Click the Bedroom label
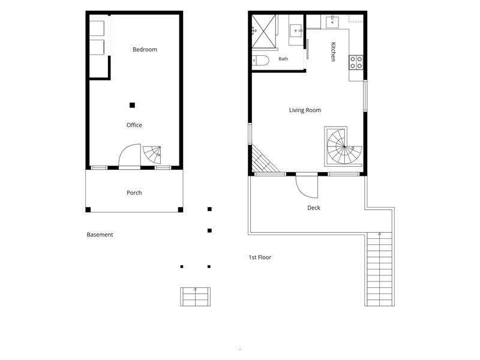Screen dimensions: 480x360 click(145, 50)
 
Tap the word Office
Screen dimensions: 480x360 click(134, 125)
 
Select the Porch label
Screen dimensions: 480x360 click(134, 193)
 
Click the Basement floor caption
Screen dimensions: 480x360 click(100, 235)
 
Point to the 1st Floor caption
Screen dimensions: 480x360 click(260, 257)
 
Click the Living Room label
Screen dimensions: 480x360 click(305, 110)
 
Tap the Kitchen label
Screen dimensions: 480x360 click(333, 52)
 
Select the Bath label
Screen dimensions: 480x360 click(283, 59)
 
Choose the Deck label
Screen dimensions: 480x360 click(313, 208)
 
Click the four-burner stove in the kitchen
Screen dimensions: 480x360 click(356, 62)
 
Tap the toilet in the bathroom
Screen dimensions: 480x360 click(260, 61)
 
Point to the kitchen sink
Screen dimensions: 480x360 click(332, 22)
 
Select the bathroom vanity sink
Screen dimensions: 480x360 click(296, 31)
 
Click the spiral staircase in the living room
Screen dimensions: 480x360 click(344, 146)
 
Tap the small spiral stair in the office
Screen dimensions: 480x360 click(152, 155)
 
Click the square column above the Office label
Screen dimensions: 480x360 click(132, 106)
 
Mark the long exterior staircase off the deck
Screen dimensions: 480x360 click(379, 269)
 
